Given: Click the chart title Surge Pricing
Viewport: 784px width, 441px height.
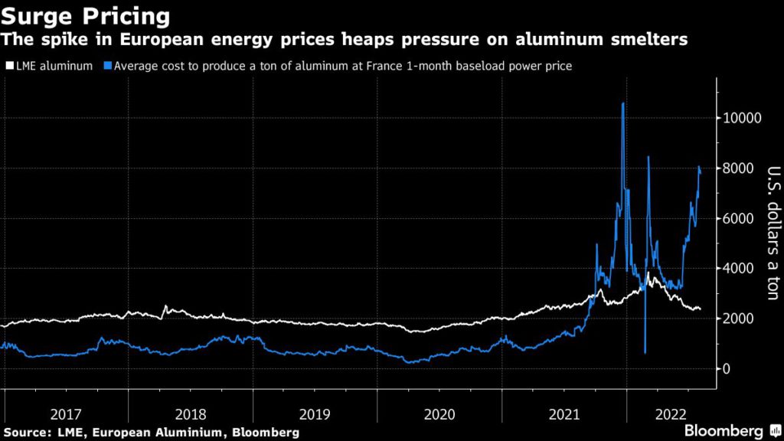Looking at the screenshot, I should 85,15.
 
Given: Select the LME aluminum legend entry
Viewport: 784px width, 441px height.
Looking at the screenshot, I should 50,66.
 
